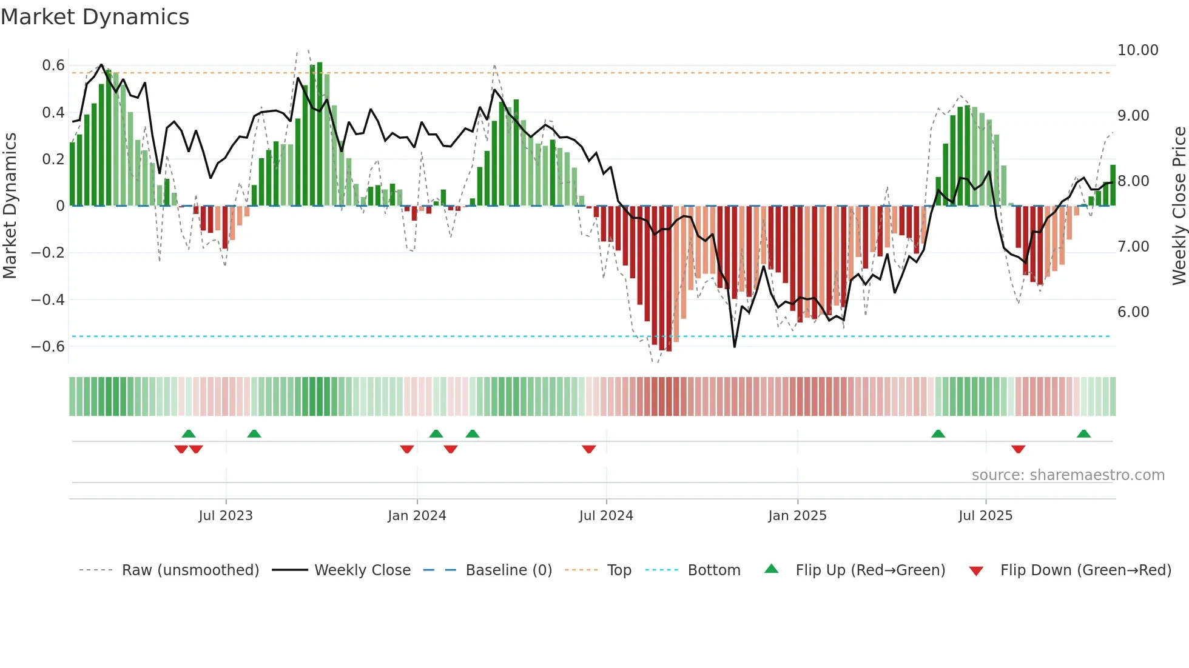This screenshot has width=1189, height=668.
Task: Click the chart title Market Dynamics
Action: pyautogui.click(x=95, y=17)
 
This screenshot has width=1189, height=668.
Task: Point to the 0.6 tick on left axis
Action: pyautogui.click(x=53, y=65)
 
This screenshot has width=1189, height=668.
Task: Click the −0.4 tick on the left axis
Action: pyautogui.click(x=47, y=299)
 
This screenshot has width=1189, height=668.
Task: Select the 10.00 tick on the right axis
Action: pyautogui.click(x=1137, y=50)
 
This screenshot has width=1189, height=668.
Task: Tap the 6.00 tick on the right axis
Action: pyautogui.click(x=1133, y=312)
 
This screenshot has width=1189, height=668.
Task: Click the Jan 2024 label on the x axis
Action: pyautogui.click(x=417, y=516)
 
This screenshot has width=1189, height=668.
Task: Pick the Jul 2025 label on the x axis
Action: pyautogui.click(x=985, y=516)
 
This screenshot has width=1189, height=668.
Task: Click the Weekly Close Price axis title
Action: pyautogui.click(x=1179, y=206)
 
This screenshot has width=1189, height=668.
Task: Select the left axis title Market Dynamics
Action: pyautogui.click(x=10, y=206)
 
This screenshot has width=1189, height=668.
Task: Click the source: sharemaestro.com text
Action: pyautogui.click(x=1068, y=475)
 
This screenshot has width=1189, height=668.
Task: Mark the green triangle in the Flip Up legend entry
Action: pyautogui.click(x=771, y=569)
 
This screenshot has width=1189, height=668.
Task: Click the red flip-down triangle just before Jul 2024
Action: pyautogui.click(x=588, y=449)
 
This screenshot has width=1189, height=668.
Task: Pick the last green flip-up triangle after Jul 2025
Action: pyautogui.click(x=1083, y=433)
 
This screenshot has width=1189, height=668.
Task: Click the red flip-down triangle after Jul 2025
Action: pyautogui.click(x=1018, y=449)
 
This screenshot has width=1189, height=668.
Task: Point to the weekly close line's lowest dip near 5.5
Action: pyautogui.click(x=735, y=346)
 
